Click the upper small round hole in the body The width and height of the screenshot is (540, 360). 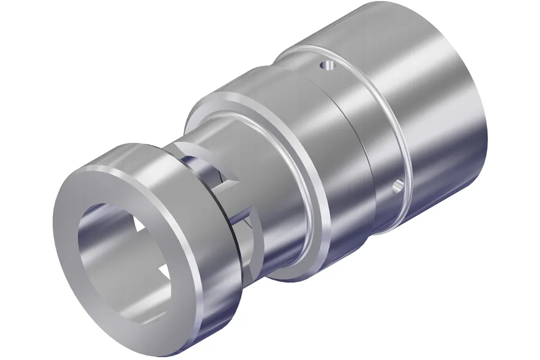(x=324, y=66)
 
